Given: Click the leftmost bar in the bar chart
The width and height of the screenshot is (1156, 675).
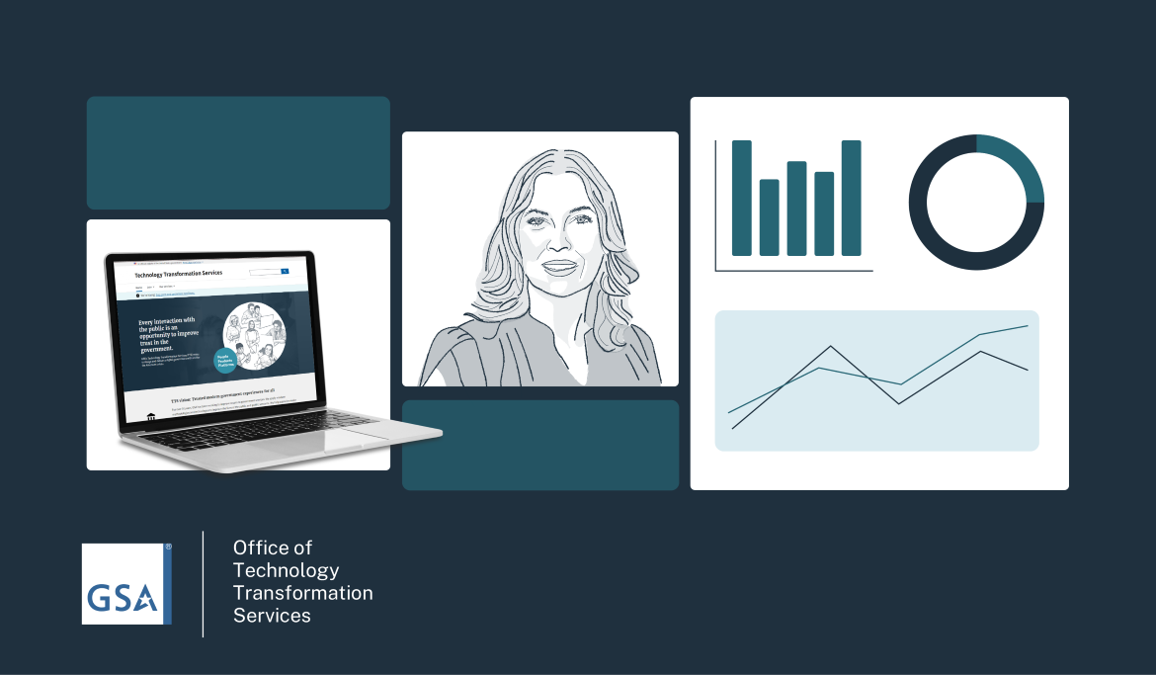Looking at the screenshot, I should [741, 198].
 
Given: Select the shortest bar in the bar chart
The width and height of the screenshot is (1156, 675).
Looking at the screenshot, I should [769, 216].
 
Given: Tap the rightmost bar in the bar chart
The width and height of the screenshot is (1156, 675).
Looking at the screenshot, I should [851, 198].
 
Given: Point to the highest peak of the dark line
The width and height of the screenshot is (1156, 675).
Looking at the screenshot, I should [831, 347].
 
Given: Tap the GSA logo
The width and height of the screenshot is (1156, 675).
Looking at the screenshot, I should [126, 583].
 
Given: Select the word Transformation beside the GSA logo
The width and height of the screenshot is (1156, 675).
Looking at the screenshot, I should [302, 593].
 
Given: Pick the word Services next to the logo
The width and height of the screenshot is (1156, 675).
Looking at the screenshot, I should [272, 616].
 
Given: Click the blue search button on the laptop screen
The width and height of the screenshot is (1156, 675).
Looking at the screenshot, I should [285, 271].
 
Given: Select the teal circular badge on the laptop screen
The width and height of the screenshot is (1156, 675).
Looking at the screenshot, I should [227, 365].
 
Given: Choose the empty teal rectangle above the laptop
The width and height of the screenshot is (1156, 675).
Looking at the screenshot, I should [238, 153].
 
